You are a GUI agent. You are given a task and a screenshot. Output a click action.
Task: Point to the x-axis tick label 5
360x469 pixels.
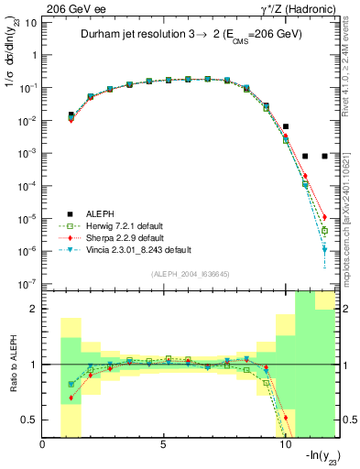163,446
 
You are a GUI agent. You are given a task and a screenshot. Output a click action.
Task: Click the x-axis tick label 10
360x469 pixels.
284,446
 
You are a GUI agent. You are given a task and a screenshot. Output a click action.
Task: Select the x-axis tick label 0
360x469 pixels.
43,446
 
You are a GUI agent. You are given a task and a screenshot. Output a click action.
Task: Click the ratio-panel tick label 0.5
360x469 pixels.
27,420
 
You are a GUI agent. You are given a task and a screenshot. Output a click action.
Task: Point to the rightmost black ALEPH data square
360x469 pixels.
324,156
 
